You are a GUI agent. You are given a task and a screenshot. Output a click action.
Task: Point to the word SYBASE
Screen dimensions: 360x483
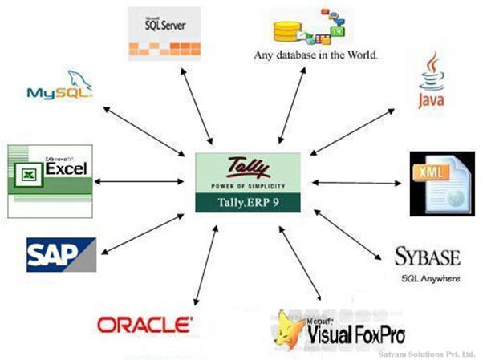428,257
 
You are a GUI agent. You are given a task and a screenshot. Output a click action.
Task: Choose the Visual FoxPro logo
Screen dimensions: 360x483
339,329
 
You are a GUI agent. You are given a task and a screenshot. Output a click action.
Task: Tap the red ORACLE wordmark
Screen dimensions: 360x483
144,324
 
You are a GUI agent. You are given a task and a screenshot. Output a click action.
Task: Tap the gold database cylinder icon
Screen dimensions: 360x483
287,31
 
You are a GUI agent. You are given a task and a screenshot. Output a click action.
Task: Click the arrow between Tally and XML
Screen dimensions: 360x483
355,184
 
